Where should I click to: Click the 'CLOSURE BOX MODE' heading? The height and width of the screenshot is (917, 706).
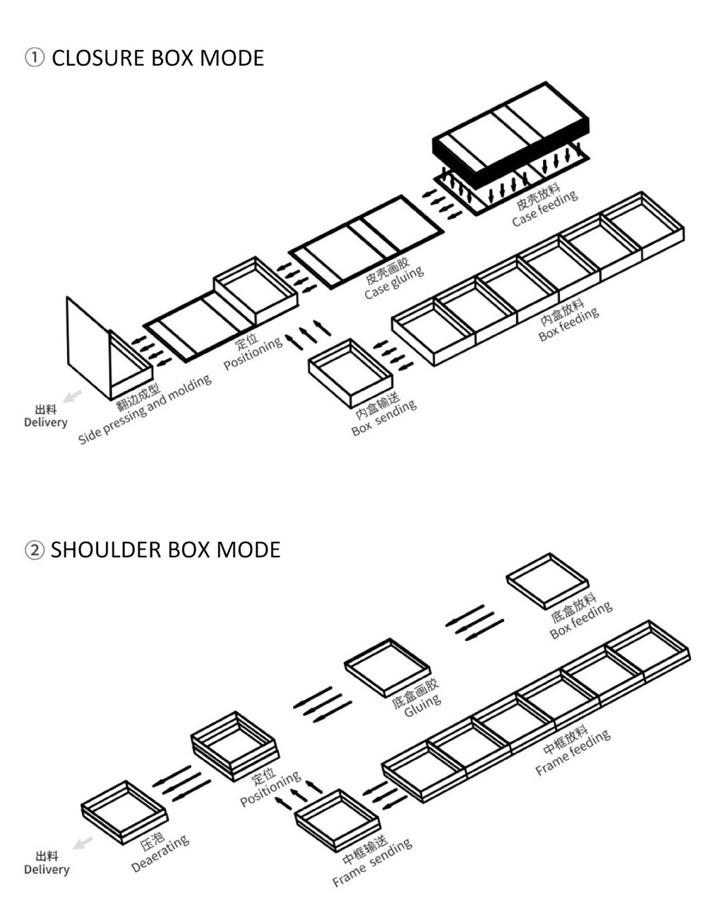[x=157, y=58]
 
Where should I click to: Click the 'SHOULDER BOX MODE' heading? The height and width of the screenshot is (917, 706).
[x=165, y=549]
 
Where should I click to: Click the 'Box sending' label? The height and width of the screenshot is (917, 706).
[x=384, y=417]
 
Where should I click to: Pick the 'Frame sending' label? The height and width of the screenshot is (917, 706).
[x=371, y=862]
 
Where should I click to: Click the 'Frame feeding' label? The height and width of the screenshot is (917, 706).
[x=572, y=751]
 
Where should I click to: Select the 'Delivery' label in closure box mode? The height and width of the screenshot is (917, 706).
[x=45, y=416]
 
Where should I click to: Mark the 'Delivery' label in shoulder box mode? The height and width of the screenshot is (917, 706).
[x=46, y=863]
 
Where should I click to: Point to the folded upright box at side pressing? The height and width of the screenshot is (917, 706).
[x=106, y=349]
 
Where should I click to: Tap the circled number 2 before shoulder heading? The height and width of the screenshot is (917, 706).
[x=35, y=550]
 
